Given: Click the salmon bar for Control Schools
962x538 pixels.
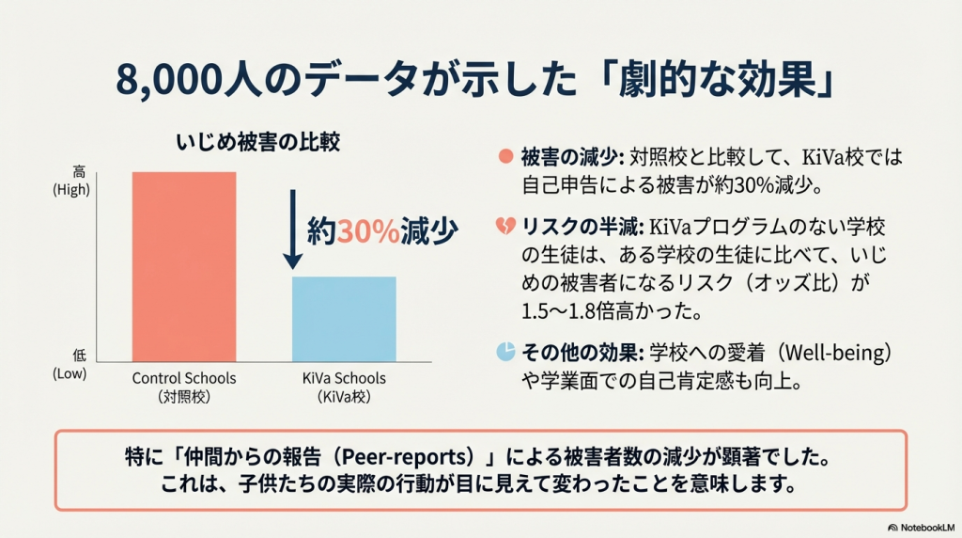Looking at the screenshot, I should pos(183,267).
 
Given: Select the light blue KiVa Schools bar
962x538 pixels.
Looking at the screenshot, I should pos(344,319).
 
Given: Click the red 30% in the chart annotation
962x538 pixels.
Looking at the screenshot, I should pos(367,232).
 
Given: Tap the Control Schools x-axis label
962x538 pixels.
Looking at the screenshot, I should pos(184,387).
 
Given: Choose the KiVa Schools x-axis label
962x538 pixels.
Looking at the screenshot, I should pos(344,387).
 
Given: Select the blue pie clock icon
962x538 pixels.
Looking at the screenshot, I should pos(504,351).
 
